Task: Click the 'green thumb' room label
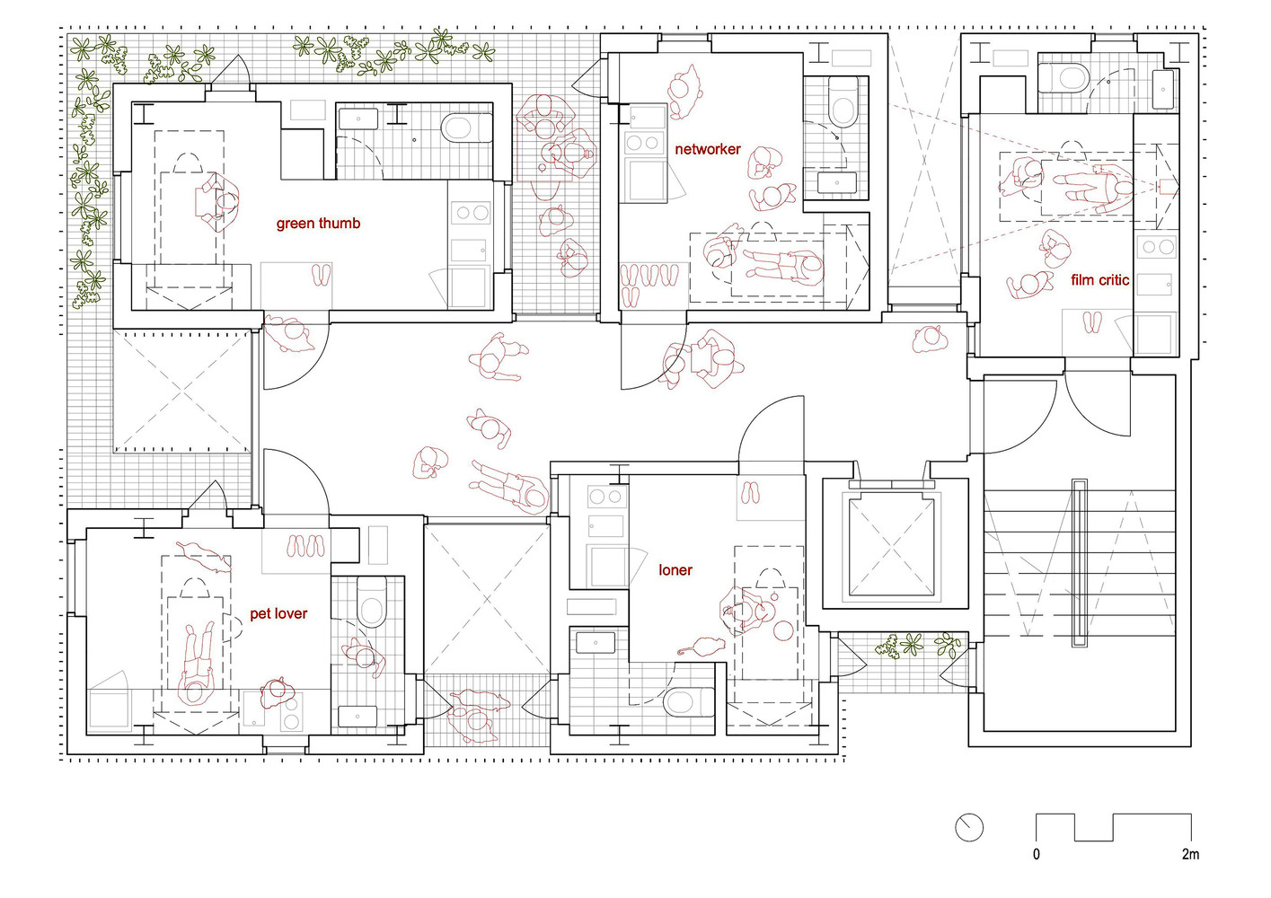tap(318, 224)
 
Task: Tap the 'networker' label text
tap(708, 149)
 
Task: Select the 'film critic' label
tap(1099, 279)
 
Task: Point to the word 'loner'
tap(675, 569)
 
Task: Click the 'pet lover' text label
tap(278, 613)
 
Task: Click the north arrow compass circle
tap(968, 828)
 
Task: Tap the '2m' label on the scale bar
tap(1190, 854)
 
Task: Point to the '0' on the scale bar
tap(1036, 854)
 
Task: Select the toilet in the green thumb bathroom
tap(466, 128)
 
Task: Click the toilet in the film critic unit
tap(1064, 77)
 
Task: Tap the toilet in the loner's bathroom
tap(688, 701)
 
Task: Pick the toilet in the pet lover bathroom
tap(372, 602)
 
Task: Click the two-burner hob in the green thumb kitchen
tap(471, 213)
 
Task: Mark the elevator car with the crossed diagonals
tap(891, 548)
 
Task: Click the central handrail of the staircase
tap(1079, 563)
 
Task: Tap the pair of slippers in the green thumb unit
tap(322, 275)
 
